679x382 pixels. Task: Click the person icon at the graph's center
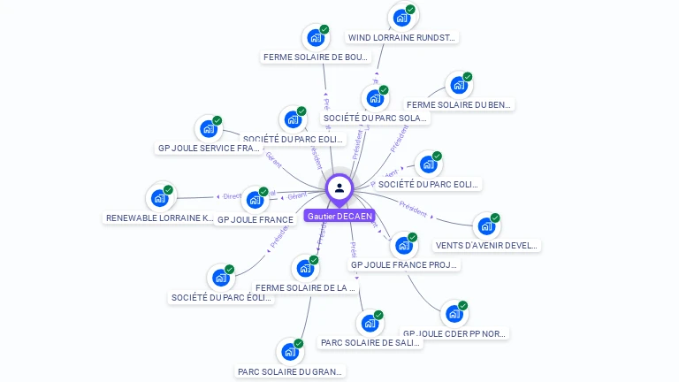click(x=339, y=187)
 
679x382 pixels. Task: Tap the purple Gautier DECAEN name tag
click(x=339, y=216)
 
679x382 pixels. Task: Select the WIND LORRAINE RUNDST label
click(x=402, y=38)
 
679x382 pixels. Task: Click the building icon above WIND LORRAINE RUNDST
click(x=402, y=18)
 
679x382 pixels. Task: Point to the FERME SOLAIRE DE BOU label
click(x=316, y=57)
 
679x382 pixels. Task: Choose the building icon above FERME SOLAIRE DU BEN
click(x=458, y=85)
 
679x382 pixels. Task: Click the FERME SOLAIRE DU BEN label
click(x=459, y=104)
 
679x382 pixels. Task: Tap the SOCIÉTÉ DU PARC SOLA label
click(x=376, y=118)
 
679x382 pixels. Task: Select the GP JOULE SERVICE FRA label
click(x=209, y=148)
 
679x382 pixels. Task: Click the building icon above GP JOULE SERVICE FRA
click(x=209, y=129)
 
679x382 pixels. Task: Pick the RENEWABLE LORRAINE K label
click(x=159, y=218)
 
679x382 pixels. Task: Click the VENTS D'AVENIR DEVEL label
click(x=487, y=245)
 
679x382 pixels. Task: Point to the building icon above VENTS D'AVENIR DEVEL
click(x=486, y=226)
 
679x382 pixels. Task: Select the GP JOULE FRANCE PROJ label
click(x=404, y=264)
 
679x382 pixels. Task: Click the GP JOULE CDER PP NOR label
click(x=455, y=333)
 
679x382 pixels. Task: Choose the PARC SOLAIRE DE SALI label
click(x=370, y=342)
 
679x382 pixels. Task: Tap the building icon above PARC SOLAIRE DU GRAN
click(x=290, y=352)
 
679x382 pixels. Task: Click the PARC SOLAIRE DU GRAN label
click(x=290, y=371)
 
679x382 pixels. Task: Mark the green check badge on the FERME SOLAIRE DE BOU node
click(x=324, y=29)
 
